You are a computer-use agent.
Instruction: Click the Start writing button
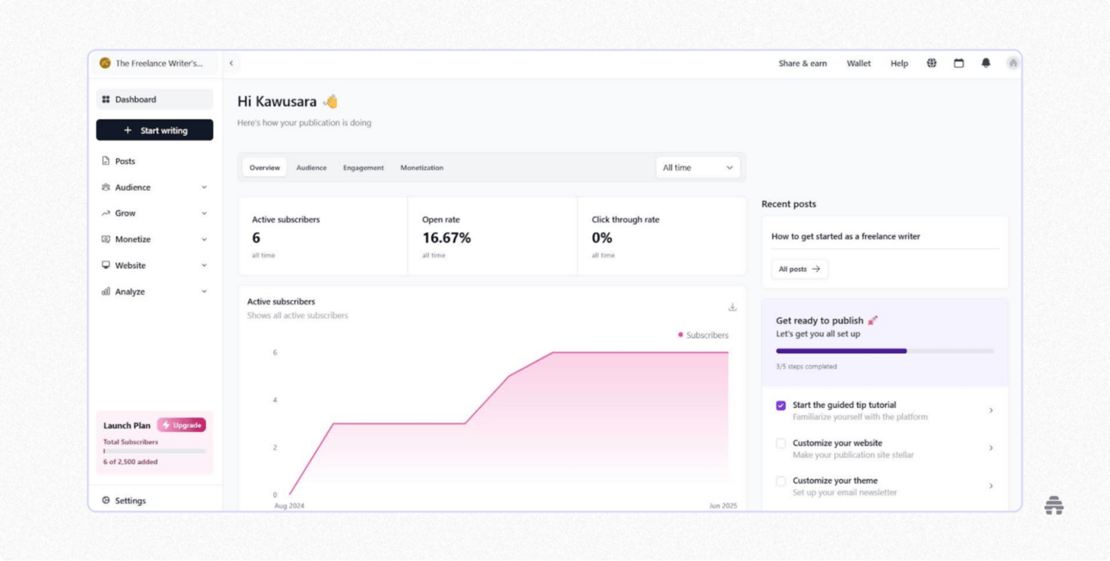[x=155, y=131]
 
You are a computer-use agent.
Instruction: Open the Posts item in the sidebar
[x=125, y=162]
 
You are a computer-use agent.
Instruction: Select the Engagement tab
[x=363, y=168]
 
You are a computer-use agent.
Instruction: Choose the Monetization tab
[x=422, y=168]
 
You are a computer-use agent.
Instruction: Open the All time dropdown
[x=697, y=168]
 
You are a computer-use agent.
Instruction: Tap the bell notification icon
[x=985, y=64]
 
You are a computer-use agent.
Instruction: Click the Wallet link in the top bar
[x=858, y=64]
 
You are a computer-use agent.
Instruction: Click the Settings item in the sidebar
[x=130, y=501]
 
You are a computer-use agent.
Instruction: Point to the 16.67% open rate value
[x=446, y=238]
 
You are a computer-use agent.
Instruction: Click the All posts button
[x=799, y=269]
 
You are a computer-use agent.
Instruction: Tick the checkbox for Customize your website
[x=781, y=443]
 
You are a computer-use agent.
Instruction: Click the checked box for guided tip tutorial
[x=781, y=406]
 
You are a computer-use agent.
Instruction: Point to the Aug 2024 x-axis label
[x=290, y=506]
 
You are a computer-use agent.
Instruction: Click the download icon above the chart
[x=732, y=308]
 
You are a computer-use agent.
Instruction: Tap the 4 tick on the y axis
[x=275, y=400]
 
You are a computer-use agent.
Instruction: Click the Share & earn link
[x=802, y=64]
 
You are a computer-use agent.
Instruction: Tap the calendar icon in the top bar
[x=959, y=64]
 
